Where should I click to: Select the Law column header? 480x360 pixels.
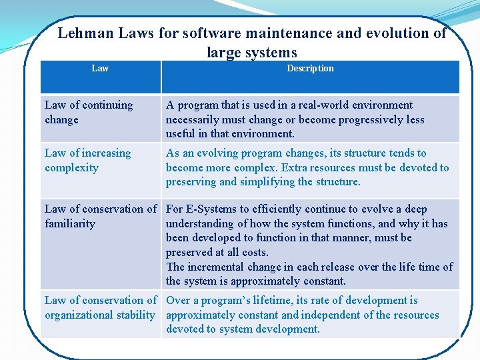click(x=100, y=69)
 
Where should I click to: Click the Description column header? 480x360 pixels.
click(x=310, y=69)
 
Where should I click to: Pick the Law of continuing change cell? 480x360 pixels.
click(x=89, y=112)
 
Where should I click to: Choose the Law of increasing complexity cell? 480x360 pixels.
click(x=87, y=160)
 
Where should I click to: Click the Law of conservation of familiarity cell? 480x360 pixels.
click(x=100, y=216)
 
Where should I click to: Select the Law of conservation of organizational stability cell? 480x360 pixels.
click(x=100, y=307)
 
